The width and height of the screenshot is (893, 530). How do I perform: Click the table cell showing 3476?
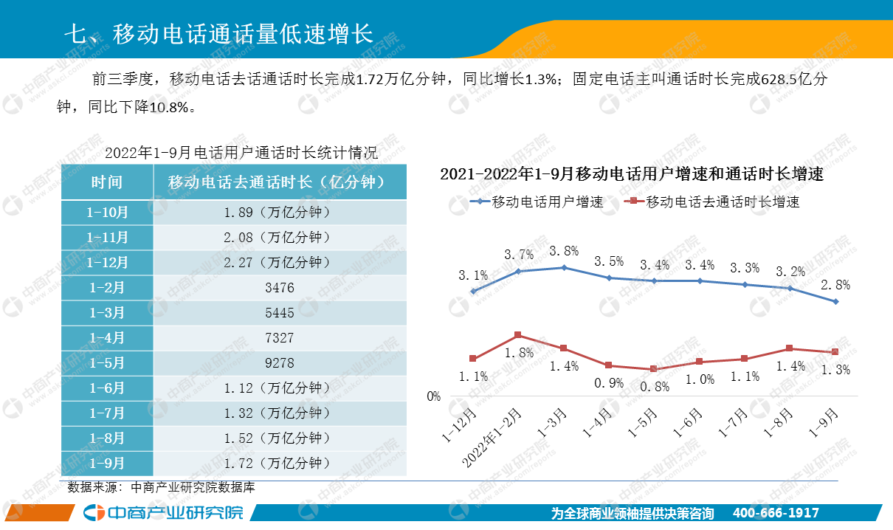click(279, 288)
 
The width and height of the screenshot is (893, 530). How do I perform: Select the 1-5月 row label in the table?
click(107, 363)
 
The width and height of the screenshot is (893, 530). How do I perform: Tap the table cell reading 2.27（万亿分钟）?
click(279, 263)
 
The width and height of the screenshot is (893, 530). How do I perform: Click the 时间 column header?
click(107, 182)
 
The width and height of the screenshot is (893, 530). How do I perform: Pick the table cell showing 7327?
click(279, 338)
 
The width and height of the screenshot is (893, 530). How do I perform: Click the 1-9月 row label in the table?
click(107, 464)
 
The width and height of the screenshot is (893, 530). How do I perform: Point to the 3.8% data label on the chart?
click(564, 251)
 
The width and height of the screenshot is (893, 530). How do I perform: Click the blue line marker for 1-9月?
click(835, 301)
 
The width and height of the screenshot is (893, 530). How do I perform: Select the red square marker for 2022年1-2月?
click(518, 335)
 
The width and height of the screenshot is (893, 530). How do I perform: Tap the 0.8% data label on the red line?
click(655, 386)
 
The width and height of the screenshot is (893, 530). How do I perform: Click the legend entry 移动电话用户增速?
click(538, 202)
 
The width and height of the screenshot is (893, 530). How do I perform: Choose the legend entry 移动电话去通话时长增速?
click(711, 202)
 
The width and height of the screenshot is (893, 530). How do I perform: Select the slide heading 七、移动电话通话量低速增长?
click(218, 34)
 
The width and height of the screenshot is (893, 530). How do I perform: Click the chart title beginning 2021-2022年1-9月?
click(631, 175)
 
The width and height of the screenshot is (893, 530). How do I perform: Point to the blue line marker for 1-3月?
click(564, 268)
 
